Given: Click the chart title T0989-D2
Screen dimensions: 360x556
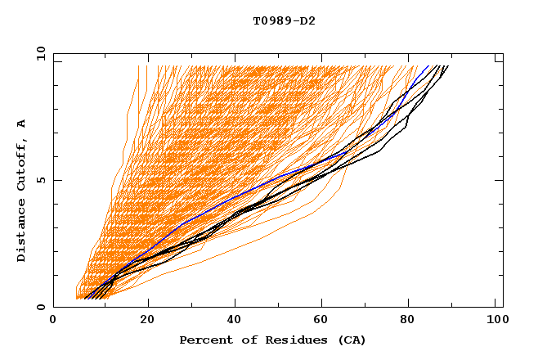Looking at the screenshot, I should coord(284,20).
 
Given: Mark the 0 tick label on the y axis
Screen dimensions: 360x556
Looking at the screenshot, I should coord(40,307).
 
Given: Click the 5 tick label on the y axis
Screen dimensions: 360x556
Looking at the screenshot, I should coord(40,180).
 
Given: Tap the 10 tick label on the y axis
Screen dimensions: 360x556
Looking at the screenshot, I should coord(38,53).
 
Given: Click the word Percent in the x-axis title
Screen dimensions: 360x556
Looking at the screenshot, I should coord(204,340).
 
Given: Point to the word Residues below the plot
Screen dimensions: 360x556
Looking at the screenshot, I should coord(290,340).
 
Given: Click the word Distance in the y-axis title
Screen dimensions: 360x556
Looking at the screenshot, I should coord(21,230).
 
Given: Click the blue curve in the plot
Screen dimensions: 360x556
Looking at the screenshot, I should coord(245,193).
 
